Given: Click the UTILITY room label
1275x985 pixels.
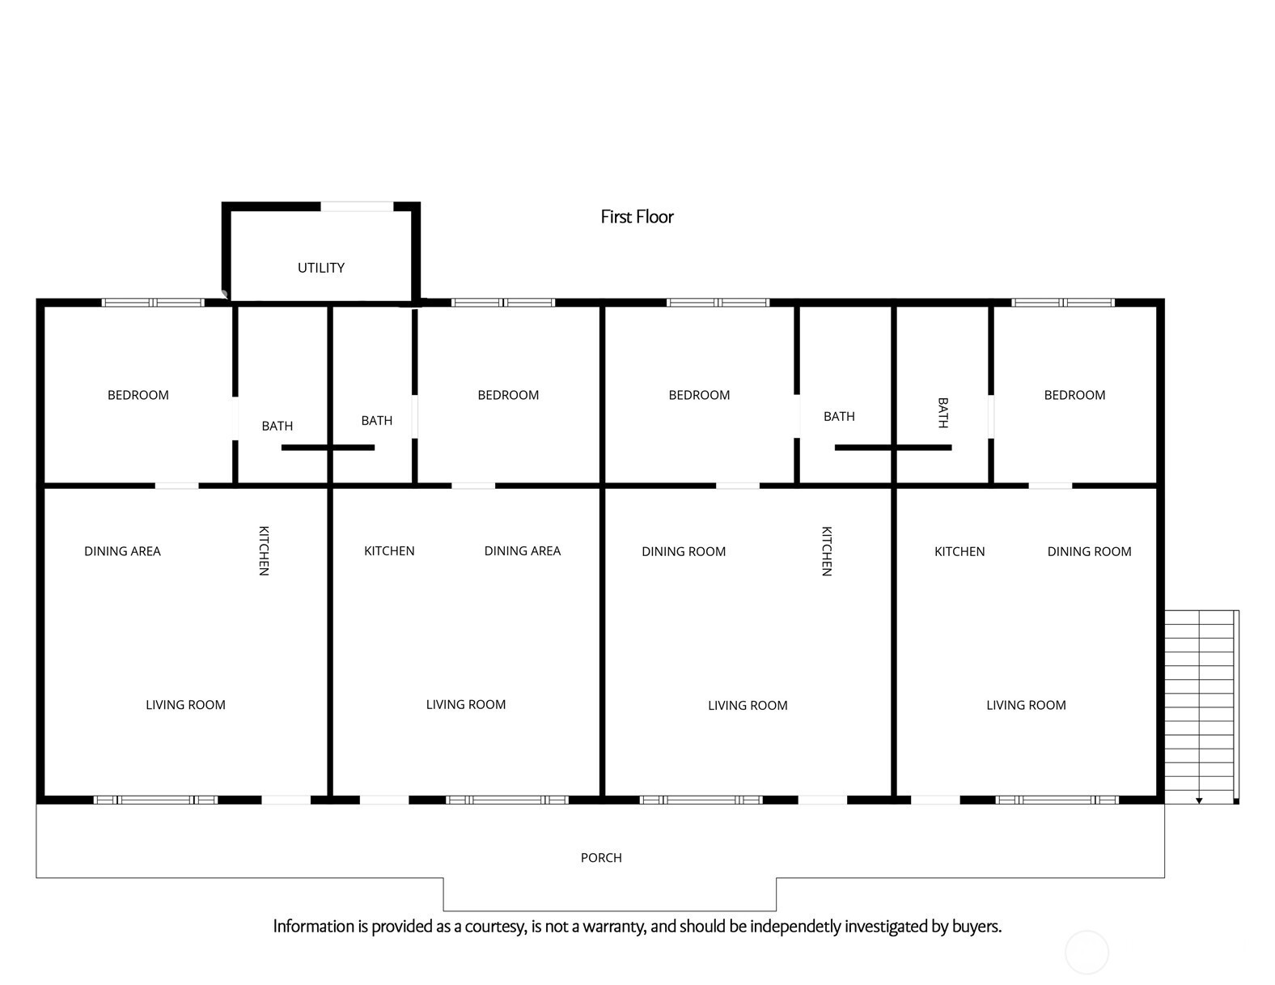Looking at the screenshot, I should click(321, 268).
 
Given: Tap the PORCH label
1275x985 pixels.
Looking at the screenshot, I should click(601, 858).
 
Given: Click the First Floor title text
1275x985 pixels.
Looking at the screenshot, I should click(637, 217).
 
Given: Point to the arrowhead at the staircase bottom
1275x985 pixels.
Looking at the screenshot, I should click(1199, 800).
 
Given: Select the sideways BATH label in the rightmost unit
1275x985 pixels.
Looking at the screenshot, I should click(942, 413).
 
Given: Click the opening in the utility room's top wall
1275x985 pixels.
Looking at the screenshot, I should click(357, 206).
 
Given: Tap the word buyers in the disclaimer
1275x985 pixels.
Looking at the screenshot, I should click(976, 927).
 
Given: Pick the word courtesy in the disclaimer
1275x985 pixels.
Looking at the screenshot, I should click(494, 927).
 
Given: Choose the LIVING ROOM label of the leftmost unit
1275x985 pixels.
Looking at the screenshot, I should click(185, 705).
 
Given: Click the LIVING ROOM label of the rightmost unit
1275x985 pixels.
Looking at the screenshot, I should click(1026, 706).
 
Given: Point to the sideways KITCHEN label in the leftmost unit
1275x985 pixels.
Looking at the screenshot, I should click(263, 550).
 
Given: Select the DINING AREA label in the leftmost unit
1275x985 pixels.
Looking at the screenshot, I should click(122, 551).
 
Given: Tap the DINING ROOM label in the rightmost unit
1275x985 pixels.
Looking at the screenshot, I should click(1089, 552).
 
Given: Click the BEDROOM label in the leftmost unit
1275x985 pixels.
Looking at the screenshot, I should click(138, 395).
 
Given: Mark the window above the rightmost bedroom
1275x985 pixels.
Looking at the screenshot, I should click(1063, 303).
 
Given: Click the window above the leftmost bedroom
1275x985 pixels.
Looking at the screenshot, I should click(153, 303).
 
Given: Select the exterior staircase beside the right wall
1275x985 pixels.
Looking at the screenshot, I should click(1201, 704).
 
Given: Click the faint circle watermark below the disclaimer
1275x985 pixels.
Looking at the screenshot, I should click(1087, 952).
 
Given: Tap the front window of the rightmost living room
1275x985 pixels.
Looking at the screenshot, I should click(1057, 800).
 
